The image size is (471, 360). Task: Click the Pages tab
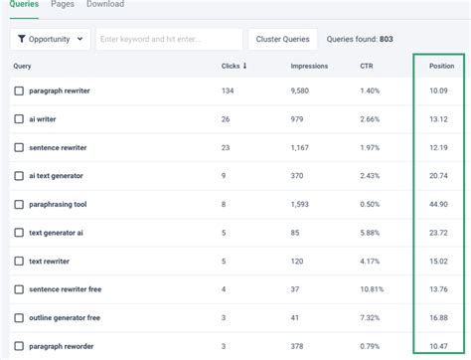62,5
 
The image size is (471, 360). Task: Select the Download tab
104,5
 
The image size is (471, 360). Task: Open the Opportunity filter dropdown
50,39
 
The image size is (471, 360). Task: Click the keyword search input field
169,39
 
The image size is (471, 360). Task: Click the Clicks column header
234,67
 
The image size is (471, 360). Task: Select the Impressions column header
309,67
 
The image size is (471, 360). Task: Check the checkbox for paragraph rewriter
19,91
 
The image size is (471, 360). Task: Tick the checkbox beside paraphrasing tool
19,204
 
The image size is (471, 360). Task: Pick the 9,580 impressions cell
302,91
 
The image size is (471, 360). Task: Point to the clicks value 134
228,91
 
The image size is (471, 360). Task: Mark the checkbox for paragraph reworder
19,345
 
